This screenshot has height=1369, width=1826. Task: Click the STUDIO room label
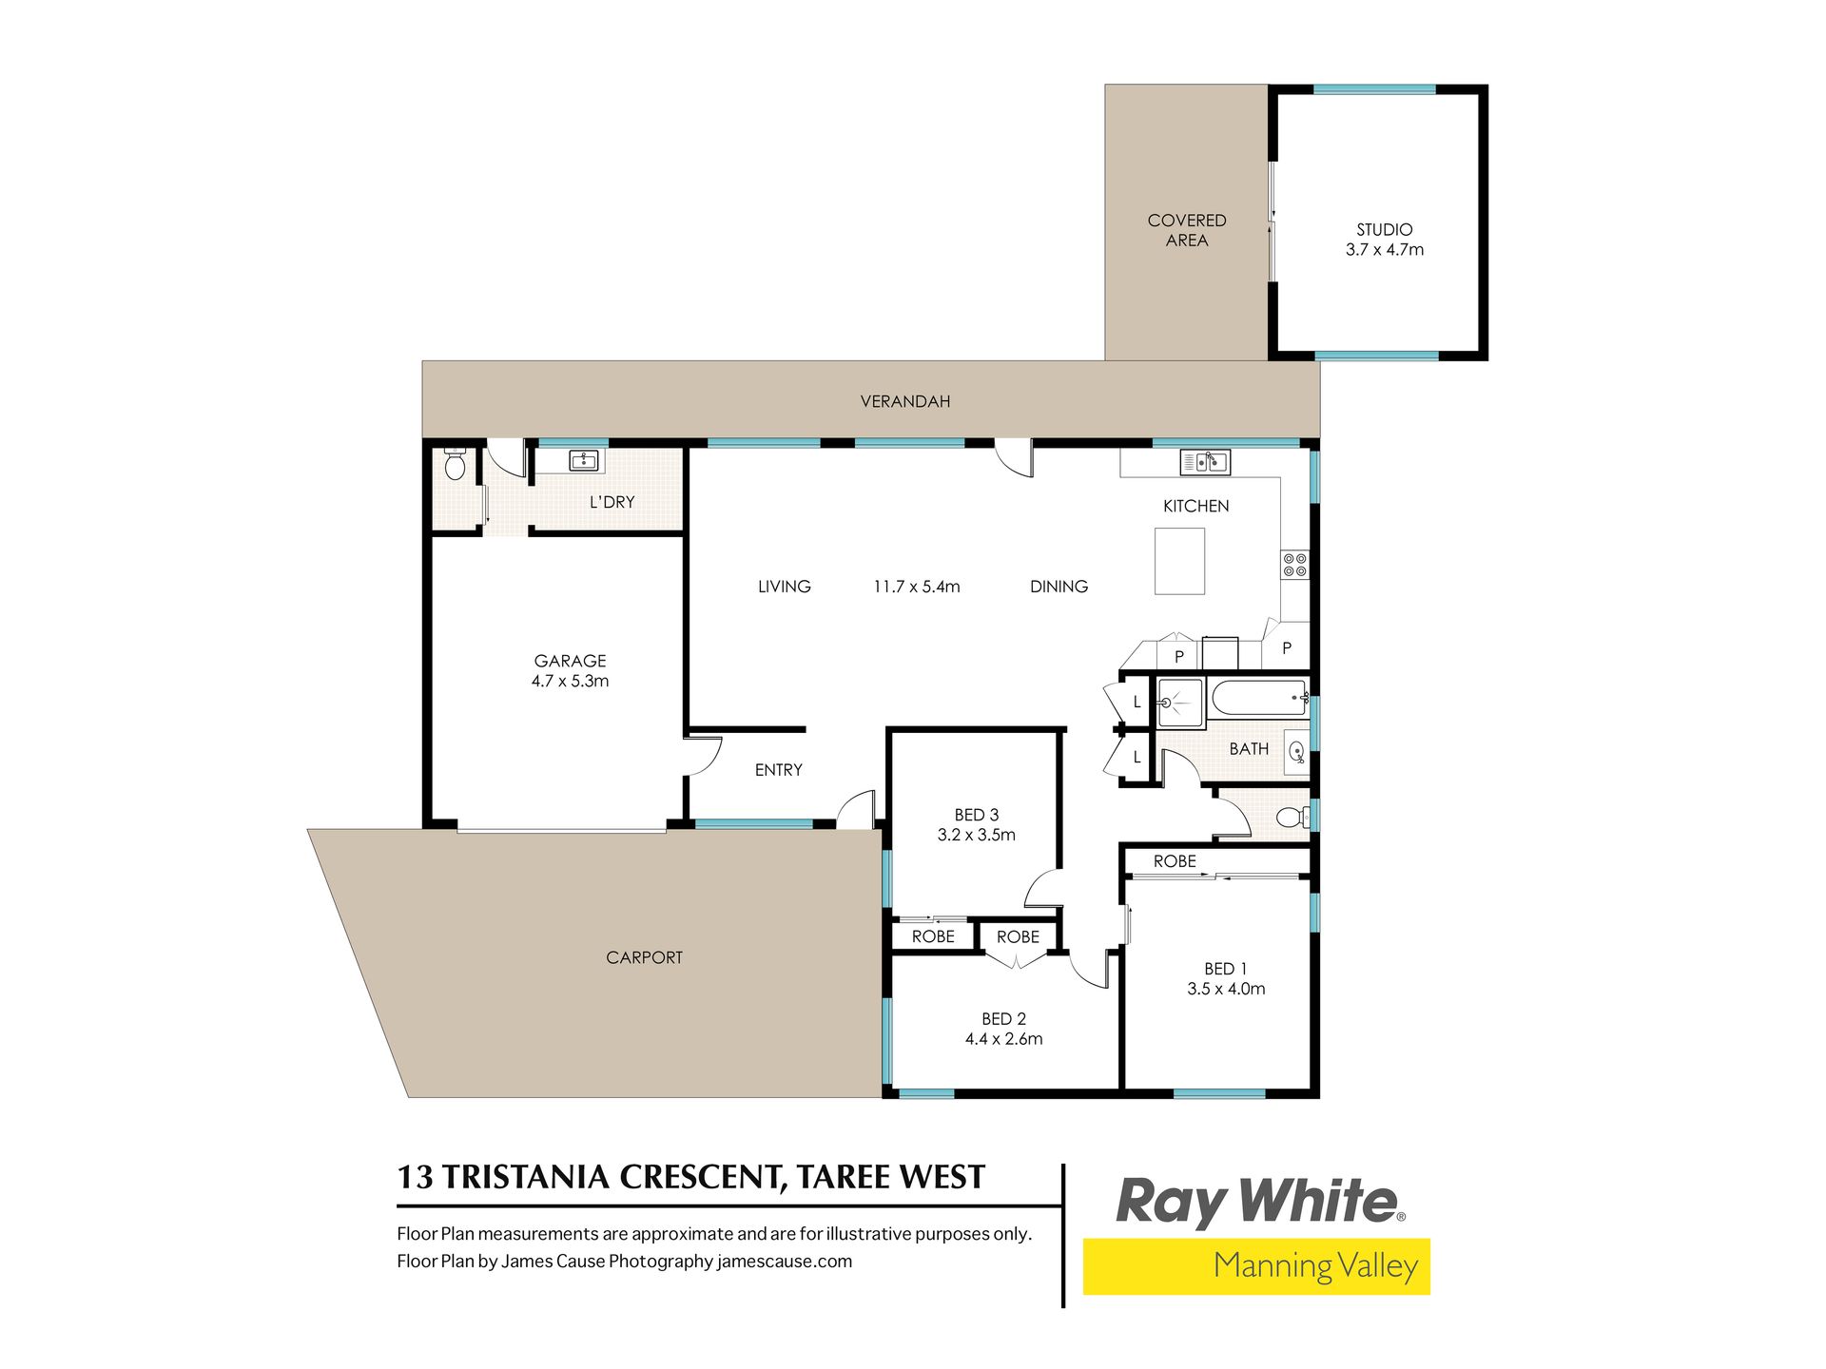tap(1384, 230)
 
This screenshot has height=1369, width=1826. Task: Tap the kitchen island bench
tap(1179, 561)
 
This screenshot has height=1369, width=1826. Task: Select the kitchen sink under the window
tap(1205, 462)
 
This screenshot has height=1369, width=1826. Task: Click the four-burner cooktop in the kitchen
tap(1294, 565)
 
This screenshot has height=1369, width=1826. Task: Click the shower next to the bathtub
tap(1180, 703)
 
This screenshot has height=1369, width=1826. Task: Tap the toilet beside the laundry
tap(455, 465)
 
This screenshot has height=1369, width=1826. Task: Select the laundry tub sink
tap(583, 461)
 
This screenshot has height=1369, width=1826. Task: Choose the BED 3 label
tap(977, 815)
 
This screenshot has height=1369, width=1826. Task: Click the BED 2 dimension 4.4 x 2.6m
tap(1003, 1039)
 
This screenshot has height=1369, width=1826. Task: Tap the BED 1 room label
tap(1225, 969)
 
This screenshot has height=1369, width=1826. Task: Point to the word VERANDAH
tap(905, 402)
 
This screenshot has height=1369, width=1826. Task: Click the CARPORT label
tap(644, 957)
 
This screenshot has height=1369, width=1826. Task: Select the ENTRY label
tap(778, 770)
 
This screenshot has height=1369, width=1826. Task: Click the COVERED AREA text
tap(1187, 230)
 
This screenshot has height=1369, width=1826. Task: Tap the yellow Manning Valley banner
tap(1256, 1266)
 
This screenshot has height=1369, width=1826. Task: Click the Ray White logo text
tap(1259, 1202)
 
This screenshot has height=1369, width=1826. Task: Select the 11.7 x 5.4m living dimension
tap(917, 587)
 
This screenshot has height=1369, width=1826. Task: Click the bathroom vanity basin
tap(1296, 752)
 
